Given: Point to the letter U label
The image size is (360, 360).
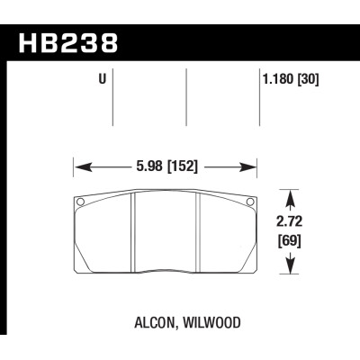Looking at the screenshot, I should click(102, 79).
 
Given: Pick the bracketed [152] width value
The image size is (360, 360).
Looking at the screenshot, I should click(183, 166).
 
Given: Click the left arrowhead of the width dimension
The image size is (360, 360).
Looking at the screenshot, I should click(79, 166).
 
